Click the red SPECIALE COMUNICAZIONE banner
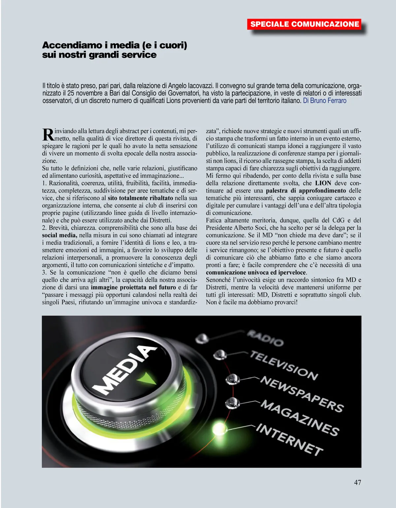pos(304,24)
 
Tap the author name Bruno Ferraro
pos(328,101)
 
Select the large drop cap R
pos(48,134)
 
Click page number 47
pos(357,482)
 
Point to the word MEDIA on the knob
pos(123,370)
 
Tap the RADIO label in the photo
pos(265,338)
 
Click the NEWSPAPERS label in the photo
pos(302,394)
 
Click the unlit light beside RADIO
pos(202,338)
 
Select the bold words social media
pos(59,235)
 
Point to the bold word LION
pos(323,183)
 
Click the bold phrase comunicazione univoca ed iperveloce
pos(256,273)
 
